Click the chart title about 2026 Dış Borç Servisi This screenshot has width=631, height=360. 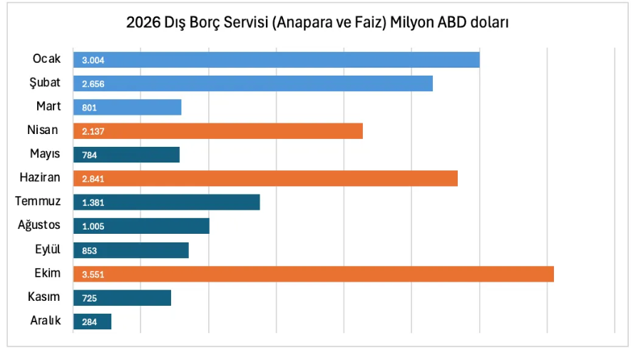tap(317, 24)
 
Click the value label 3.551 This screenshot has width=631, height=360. tap(93, 274)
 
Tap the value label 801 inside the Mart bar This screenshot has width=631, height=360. tap(90, 108)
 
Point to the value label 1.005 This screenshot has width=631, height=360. tap(93, 227)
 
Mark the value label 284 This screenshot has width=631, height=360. tap(90, 322)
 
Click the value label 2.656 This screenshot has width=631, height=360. tap(93, 84)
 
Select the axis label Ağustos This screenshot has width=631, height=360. tap(39, 225)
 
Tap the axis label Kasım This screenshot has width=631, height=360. tap(44, 297)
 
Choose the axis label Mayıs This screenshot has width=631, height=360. tap(45, 154)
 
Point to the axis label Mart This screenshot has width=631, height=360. tap(48, 106)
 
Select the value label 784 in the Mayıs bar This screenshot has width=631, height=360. tap(90, 155)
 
